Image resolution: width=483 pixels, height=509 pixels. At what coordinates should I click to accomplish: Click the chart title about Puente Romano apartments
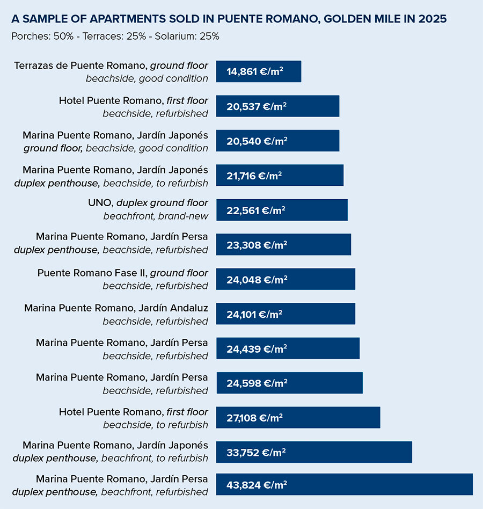(229, 19)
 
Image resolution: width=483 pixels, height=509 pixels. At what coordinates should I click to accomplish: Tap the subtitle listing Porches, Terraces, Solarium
(115, 37)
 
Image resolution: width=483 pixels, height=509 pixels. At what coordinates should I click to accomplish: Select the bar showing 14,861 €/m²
(259, 71)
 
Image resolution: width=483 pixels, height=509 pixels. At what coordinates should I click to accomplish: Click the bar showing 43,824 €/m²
(344, 484)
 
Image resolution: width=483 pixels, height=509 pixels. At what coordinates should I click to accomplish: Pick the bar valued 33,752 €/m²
(314, 452)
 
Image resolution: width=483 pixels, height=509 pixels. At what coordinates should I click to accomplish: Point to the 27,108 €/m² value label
(255, 418)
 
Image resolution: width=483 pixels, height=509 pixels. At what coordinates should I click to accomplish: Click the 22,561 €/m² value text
(256, 210)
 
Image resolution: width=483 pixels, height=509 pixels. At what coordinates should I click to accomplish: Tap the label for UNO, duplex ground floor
(148, 203)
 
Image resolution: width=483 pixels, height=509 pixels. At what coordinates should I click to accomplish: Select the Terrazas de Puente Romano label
(111, 66)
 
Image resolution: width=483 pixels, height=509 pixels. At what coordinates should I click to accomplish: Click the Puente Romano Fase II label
(123, 273)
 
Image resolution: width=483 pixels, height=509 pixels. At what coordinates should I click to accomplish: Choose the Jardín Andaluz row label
(116, 308)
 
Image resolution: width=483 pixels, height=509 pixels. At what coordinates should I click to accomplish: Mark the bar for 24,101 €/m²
(286, 314)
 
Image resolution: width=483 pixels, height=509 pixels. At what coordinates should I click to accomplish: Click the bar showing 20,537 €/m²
(277, 106)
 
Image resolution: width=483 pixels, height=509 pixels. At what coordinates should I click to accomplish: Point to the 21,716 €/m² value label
(254, 175)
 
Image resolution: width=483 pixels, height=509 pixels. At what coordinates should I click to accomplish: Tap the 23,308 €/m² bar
(283, 244)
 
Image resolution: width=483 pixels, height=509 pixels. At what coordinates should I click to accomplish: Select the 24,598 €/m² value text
(257, 383)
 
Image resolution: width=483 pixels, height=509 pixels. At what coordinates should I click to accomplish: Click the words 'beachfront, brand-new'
(156, 216)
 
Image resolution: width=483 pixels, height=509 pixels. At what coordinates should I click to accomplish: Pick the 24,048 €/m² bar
(286, 279)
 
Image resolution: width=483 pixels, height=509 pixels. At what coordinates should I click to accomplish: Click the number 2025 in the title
(432, 19)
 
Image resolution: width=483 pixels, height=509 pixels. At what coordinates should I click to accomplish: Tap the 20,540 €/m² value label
(257, 141)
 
